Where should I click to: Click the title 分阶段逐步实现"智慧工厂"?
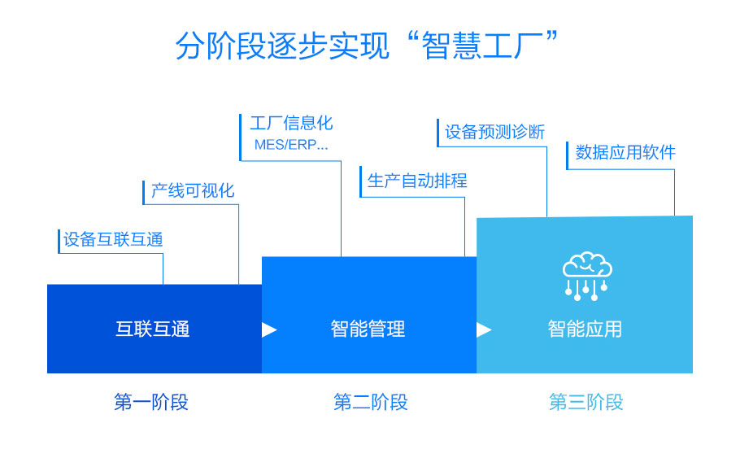click(x=370, y=46)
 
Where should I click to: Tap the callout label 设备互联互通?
click(x=114, y=239)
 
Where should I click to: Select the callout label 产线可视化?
click(x=193, y=190)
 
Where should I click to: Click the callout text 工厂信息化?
click(x=291, y=124)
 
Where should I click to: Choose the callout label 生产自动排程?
click(x=417, y=180)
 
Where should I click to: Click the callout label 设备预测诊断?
click(x=494, y=132)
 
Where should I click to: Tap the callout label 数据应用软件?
click(x=625, y=152)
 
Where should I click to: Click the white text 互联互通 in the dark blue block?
click(x=153, y=329)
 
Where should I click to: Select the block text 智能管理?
click(x=368, y=329)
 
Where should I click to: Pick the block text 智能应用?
click(x=585, y=329)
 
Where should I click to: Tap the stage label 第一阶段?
click(x=151, y=402)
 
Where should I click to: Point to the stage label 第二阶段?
click(x=371, y=402)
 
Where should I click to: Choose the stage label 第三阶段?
click(x=586, y=402)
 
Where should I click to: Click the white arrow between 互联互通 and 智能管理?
click(x=269, y=329)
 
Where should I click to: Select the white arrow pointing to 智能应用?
click(x=484, y=329)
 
